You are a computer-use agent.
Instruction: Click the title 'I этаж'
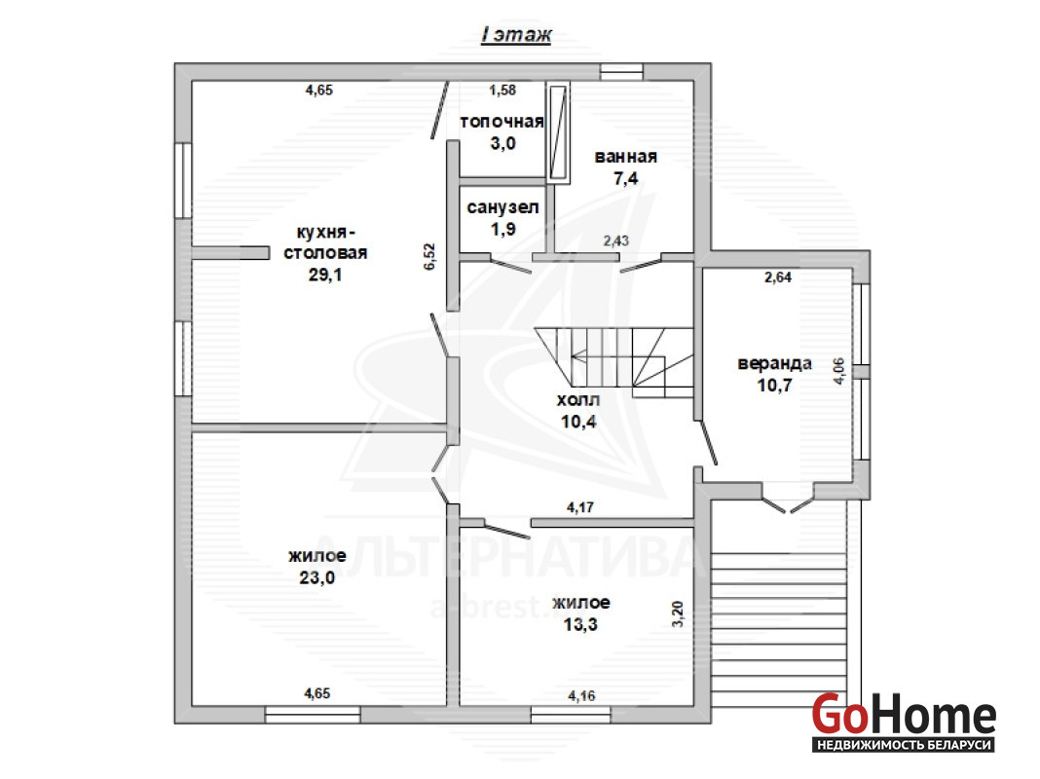(x=516, y=34)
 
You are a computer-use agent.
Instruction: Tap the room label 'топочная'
(x=502, y=122)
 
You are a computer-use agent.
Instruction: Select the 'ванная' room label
(x=625, y=157)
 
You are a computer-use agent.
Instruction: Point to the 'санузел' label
(x=502, y=207)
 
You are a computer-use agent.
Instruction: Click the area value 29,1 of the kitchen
(x=325, y=275)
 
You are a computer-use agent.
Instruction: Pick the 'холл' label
(x=578, y=400)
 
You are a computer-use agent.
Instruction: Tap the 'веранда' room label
(x=774, y=363)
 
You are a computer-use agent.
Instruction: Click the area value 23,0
(x=317, y=577)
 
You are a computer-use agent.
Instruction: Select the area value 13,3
(x=580, y=624)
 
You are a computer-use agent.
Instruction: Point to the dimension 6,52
(x=429, y=256)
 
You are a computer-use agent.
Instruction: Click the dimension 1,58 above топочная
(x=502, y=91)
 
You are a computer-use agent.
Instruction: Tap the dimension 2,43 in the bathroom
(x=616, y=241)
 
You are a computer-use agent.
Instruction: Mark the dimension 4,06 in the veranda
(x=839, y=371)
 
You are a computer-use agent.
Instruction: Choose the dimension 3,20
(x=677, y=613)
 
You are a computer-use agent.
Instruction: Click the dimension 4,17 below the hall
(x=580, y=507)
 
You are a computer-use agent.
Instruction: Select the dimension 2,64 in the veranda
(x=778, y=278)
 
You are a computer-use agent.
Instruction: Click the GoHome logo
(x=904, y=722)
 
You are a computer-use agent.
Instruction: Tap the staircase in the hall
(x=614, y=362)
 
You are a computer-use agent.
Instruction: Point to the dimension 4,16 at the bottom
(x=581, y=696)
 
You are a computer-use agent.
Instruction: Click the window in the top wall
(x=621, y=72)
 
